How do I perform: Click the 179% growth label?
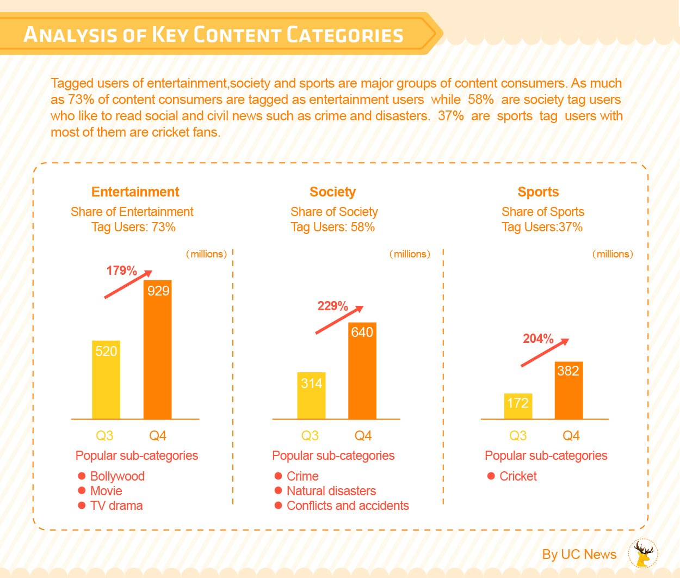[x=121, y=270]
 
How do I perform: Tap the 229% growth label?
[x=332, y=306]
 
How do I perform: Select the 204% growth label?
[x=538, y=339]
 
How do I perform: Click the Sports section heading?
[x=538, y=192]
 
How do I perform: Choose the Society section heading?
[x=332, y=192]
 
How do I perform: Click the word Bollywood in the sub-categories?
[x=118, y=476]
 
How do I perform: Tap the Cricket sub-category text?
[x=518, y=476]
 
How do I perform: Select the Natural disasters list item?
[x=331, y=491]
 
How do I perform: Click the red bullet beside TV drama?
[x=82, y=506]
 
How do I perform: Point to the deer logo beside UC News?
[x=643, y=554]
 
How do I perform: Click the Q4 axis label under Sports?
[x=571, y=435]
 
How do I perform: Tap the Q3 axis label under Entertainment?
[x=104, y=435]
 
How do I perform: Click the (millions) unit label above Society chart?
[x=410, y=254]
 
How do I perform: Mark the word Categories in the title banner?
[x=345, y=35]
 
